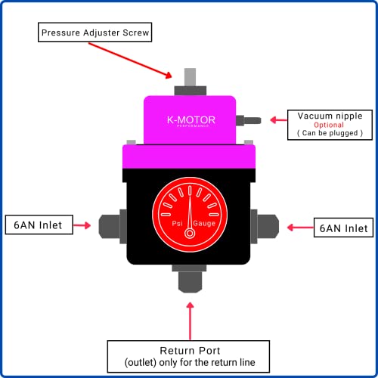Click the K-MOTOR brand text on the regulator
coord(191,119)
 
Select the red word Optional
coord(330,125)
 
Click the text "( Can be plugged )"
coord(330,134)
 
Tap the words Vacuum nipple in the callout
coord(330,115)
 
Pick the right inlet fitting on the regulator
coord(267,225)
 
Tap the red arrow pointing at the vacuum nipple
coord(277,119)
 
